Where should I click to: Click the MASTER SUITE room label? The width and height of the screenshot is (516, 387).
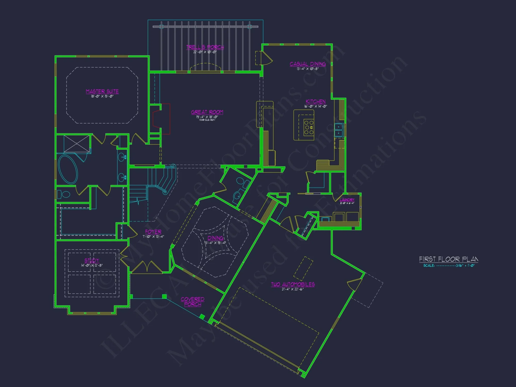click(102, 91)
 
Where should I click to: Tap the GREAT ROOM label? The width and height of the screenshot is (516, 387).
click(207, 112)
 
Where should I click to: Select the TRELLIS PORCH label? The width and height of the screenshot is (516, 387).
click(205, 47)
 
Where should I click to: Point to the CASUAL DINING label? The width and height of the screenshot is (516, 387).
click(308, 64)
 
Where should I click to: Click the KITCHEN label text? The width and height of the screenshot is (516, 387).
click(316, 102)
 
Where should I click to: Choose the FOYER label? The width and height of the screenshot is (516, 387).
click(153, 232)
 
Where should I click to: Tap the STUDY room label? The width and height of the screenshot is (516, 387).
click(92, 260)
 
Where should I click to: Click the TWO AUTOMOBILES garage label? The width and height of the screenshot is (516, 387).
click(293, 284)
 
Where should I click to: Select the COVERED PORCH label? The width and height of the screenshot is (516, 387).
click(192, 302)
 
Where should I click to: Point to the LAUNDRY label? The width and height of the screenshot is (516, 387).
click(347, 200)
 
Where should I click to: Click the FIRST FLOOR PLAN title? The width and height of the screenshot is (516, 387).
click(448, 259)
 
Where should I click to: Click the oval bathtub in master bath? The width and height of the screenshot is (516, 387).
click(68, 169)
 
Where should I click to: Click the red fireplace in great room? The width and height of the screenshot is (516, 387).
click(161, 119)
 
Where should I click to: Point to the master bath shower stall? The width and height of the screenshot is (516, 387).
click(77, 143)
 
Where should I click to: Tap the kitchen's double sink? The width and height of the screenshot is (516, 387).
click(338, 130)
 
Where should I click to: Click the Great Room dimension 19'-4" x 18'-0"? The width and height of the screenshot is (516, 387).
click(207, 117)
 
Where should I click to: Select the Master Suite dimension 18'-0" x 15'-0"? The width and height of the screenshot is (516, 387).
click(102, 96)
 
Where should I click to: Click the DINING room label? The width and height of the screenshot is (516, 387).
click(215, 238)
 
